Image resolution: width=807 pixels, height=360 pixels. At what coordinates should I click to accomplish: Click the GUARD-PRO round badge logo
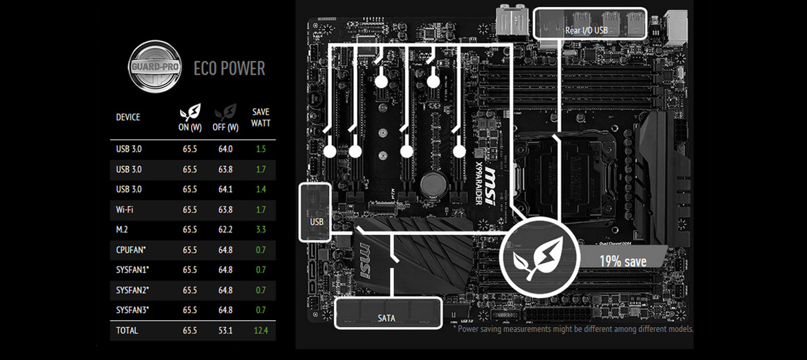click(155, 67)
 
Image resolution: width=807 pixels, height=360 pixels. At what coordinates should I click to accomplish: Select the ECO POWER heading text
click(229, 68)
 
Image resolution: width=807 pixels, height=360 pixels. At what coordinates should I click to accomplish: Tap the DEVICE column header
click(128, 117)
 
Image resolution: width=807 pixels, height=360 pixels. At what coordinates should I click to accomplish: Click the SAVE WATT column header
click(261, 117)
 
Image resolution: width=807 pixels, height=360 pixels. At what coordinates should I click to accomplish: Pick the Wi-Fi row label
click(125, 210)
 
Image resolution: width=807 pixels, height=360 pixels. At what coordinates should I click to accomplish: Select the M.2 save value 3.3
click(261, 230)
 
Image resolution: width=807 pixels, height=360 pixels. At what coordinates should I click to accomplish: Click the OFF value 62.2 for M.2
click(225, 230)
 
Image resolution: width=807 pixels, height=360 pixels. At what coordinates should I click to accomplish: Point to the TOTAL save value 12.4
click(261, 331)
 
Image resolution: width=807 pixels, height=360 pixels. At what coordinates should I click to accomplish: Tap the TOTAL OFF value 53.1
click(225, 331)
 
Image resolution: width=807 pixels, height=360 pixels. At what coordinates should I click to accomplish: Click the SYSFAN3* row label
click(132, 310)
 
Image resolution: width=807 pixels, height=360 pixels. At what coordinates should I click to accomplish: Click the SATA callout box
click(388, 313)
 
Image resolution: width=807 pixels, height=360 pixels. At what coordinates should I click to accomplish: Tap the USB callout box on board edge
click(315, 212)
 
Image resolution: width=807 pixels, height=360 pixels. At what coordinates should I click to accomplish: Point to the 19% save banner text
click(623, 261)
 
